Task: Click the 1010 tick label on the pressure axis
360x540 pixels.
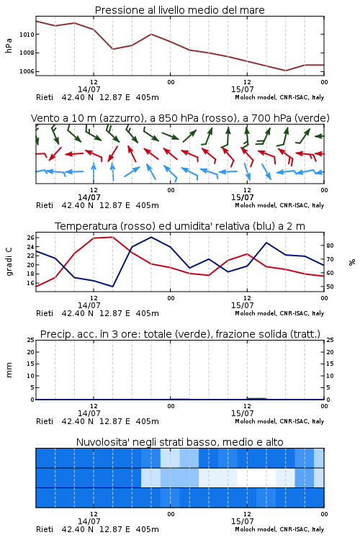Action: [27, 35]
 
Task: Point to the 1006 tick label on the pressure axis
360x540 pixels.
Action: [27, 71]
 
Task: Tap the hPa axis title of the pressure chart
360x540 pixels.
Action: [9, 45]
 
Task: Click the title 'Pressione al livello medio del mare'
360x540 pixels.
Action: [180, 10]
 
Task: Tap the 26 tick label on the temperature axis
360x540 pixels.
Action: [30, 238]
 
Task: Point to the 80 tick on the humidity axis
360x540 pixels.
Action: [330, 246]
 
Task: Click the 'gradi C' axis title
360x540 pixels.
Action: [9, 261]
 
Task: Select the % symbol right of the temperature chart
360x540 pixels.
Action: [352, 262]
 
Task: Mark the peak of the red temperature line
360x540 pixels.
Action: [112, 237]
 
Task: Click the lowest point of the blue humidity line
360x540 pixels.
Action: [112, 286]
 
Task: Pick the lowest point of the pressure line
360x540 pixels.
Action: [285, 71]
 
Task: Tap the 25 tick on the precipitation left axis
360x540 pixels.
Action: [30, 340]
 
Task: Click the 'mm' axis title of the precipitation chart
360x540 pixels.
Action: [9, 370]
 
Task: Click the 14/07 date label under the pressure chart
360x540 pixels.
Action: [89, 89]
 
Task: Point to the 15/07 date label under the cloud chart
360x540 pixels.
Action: [243, 521]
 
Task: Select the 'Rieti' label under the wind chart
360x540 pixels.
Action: [45, 205]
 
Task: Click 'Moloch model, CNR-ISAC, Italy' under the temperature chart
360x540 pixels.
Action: [279, 313]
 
